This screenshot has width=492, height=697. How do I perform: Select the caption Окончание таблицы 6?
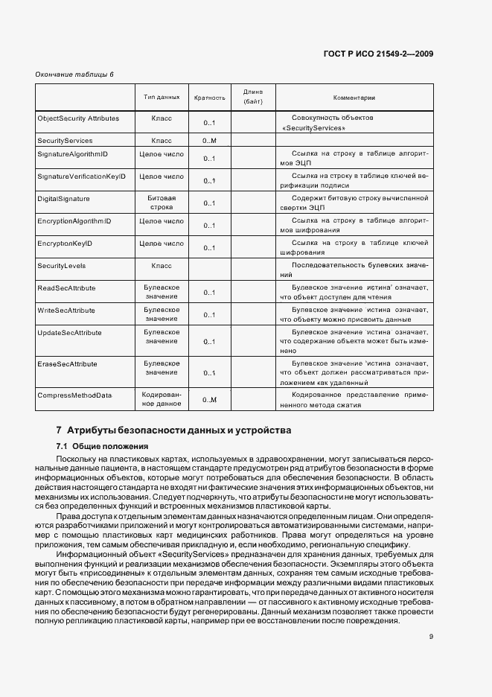pyautogui.click(x=74, y=74)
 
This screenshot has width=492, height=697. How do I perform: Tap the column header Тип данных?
pyautogui.click(x=162, y=98)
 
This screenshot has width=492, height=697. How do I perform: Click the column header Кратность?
pyautogui.click(x=209, y=98)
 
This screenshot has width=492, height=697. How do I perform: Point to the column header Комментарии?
pyautogui.click(x=354, y=98)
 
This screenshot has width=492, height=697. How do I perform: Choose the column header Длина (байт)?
pyautogui.click(x=253, y=95)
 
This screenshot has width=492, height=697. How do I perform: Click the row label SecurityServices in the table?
pyautogui.click(x=65, y=140)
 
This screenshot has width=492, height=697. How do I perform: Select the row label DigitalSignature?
pyautogui.click(x=63, y=199)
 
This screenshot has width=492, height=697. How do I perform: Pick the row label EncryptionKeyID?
pyautogui.click(x=64, y=243)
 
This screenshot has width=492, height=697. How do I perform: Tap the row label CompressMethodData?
pyautogui.click(x=74, y=395)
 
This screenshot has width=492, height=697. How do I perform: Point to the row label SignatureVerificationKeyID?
pyautogui.click(x=81, y=176)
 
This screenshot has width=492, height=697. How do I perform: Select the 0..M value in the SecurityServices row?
pyautogui.click(x=209, y=141)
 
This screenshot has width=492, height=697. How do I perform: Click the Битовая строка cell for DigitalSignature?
pyautogui.click(x=162, y=203)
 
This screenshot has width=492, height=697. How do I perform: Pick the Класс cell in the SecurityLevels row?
pyautogui.click(x=162, y=265)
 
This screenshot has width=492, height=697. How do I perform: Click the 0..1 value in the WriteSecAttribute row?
pyautogui.click(x=209, y=314)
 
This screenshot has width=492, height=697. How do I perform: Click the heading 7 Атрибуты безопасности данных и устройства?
pyautogui.click(x=174, y=430)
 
